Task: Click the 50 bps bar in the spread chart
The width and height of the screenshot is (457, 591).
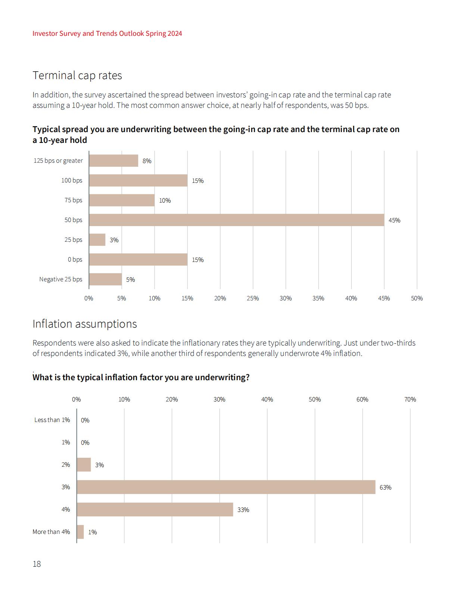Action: pyautogui.click(x=237, y=220)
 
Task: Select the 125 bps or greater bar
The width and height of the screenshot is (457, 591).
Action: pyautogui.click(x=114, y=161)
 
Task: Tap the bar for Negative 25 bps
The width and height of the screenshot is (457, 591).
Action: pyautogui.click(x=105, y=279)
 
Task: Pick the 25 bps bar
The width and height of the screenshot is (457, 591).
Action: pyautogui.click(x=97, y=240)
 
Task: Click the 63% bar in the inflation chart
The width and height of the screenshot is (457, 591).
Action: pyautogui.click(x=226, y=487)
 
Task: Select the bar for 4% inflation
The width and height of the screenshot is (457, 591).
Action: pyautogui.click(x=155, y=509)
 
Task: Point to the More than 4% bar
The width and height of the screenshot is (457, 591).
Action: pyautogui.click(x=80, y=532)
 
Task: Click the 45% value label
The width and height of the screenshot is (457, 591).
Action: pyautogui.click(x=394, y=220)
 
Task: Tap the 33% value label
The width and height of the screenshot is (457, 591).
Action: pyautogui.click(x=243, y=510)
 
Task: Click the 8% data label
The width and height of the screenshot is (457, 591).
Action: pyautogui.click(x=147, y=161)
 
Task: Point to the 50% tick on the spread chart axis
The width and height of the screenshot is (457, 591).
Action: pyautogui.click(x=417, y=298)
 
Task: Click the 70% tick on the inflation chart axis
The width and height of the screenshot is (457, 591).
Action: pyautogui.click(x=410, y=399)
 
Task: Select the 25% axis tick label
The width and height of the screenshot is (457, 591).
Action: pyautogui.click(x=253, y=298)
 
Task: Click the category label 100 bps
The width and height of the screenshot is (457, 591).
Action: pyautogui.click(x=72, y=180)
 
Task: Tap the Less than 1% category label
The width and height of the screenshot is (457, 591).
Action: pyautogui.click(x=52, y=420)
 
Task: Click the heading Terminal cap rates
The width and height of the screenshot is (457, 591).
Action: pyautogui.click(x=77, y=75)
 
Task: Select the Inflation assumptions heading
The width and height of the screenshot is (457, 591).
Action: pyautogui.click(x=85, y=324)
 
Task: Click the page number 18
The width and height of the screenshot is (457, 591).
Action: pyautogui.click(x=37, y=564)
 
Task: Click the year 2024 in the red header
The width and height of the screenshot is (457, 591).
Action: pyautogui.click(x=175, y=34)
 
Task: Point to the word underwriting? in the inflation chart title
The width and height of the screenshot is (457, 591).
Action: pyautogui.click(x=222, y=378)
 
